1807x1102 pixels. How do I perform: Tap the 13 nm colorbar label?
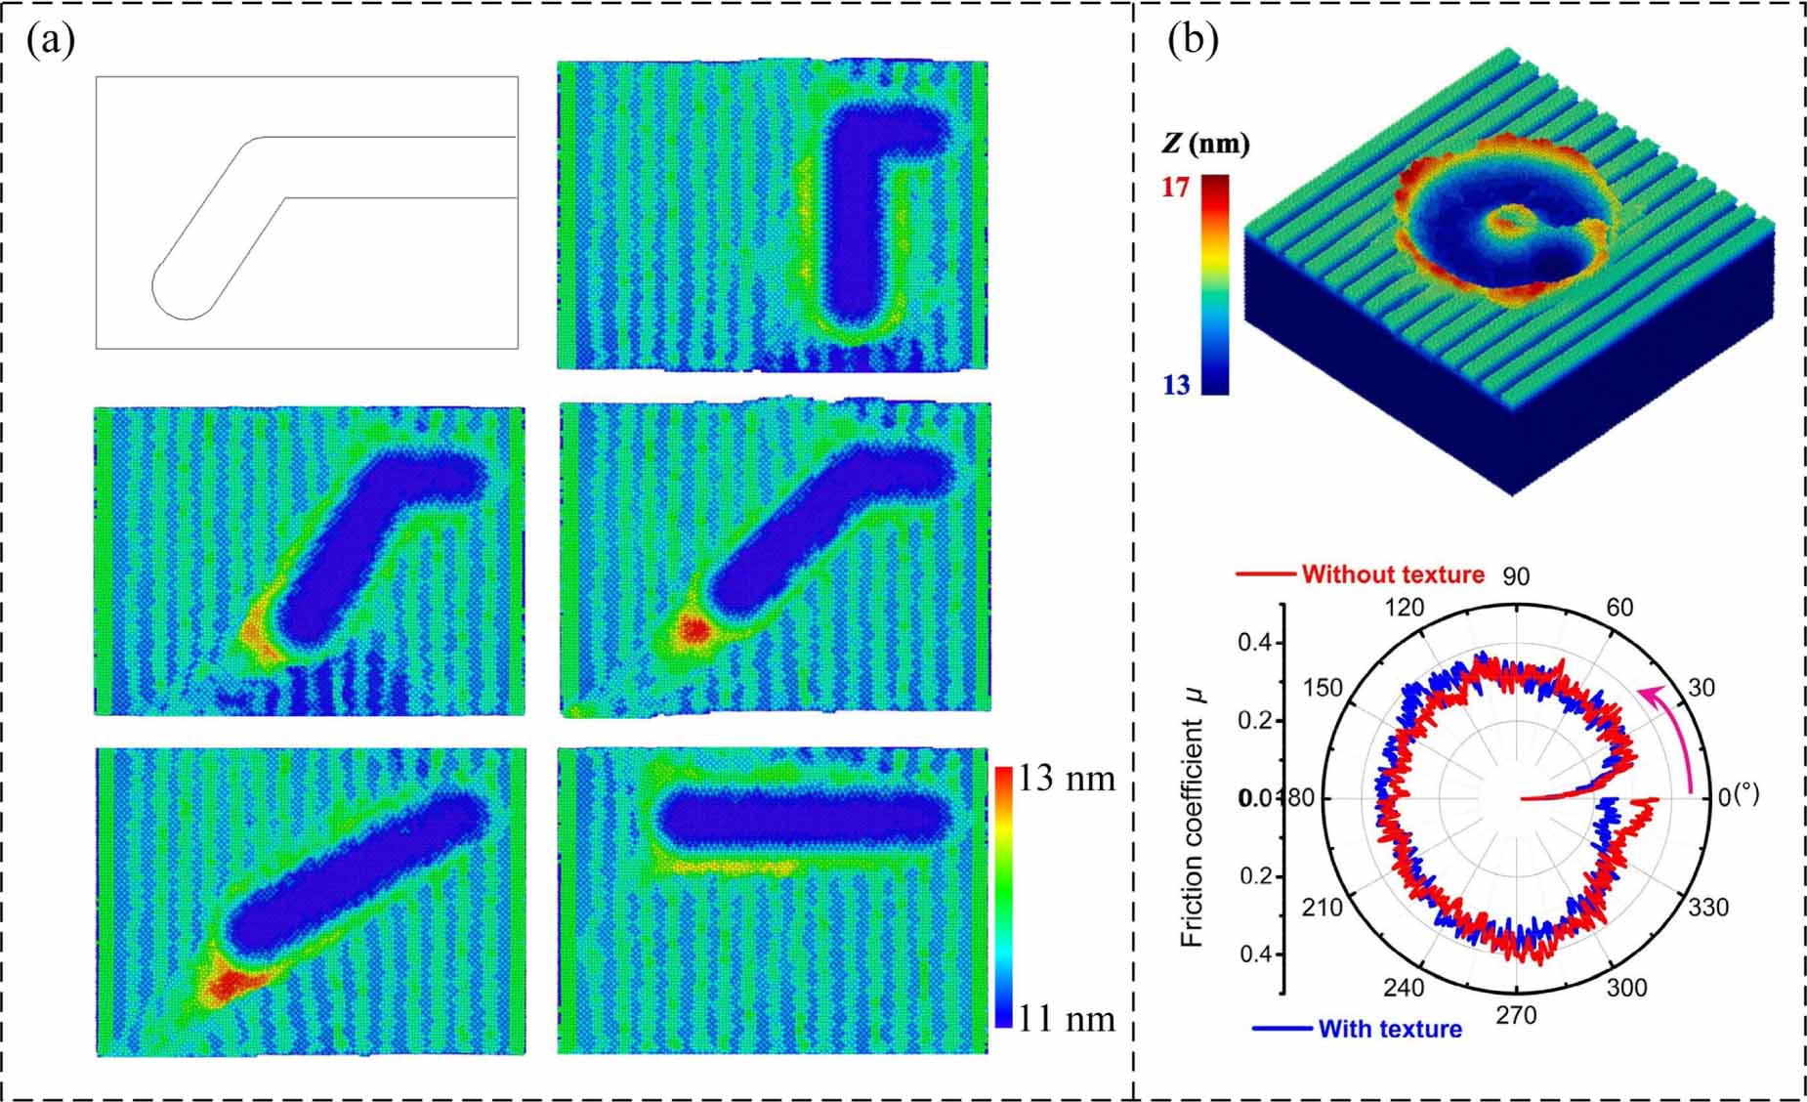click(x=1066, y=779)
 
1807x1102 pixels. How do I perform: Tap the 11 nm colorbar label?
click(x=1066, y=1018)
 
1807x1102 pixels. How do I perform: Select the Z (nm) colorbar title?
click(x=1205, y=145)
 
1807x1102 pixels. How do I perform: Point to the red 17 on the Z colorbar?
click(x=1175, y=186)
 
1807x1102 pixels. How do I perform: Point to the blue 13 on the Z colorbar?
click(x=1176, y=385)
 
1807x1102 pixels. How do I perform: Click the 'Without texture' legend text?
click(x=1392, y=574)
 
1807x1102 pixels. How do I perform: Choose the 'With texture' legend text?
click(x=1389, y=1029)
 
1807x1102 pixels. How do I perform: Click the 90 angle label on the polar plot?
click(x=1516, y=576)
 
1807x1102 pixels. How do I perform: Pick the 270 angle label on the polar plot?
click(x=1516, y=1016)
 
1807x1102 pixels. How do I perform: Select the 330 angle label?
click(x=1708, y=908)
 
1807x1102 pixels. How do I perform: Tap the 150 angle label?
click(x=1324, y=688)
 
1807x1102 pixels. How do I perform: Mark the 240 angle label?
click(x=1405, y=988)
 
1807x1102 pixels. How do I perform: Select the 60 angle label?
click(x=1619, y=608)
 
